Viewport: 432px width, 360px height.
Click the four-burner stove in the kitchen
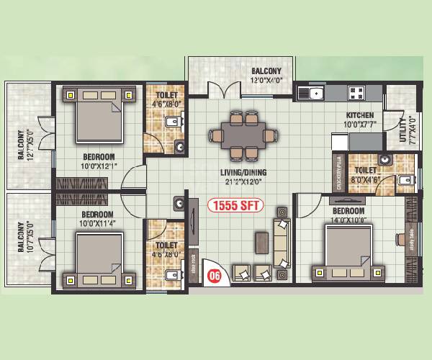pos(356,91)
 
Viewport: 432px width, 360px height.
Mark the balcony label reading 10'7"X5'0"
pos(25,237)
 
